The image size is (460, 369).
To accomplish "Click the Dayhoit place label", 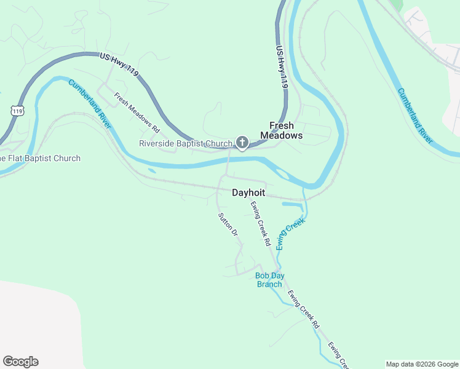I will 248,192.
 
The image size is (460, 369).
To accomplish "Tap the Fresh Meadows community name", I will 282,130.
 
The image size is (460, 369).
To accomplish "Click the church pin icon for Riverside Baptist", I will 242,143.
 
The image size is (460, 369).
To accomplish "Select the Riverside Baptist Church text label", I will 186,144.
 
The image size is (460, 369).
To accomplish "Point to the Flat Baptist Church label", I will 40,158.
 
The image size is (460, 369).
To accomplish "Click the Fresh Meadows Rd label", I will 137,113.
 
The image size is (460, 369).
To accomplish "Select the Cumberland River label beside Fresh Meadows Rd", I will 90,103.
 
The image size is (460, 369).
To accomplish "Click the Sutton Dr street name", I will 228,224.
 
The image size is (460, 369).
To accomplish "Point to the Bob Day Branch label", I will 269,280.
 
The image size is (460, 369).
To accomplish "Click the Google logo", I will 20,362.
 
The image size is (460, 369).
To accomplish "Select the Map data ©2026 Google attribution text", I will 421,364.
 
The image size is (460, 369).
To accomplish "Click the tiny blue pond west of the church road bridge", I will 151,171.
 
